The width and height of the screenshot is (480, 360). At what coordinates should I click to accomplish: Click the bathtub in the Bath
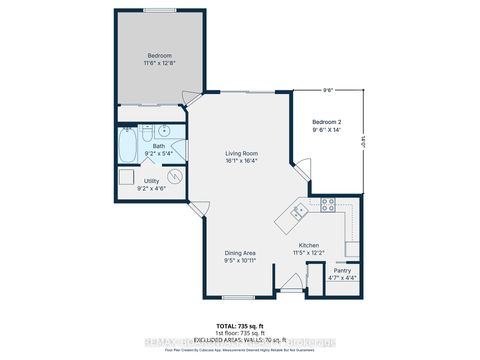click(x=128, y=146)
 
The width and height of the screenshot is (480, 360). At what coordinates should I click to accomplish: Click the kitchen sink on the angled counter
click(x=298, y=211)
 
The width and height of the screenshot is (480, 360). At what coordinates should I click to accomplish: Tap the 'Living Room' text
click(x=240, y=152)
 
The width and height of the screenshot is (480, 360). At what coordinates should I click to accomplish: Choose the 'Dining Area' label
click(x=239, y=254)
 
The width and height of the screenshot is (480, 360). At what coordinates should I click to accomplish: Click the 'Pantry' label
click(x=341, y=270)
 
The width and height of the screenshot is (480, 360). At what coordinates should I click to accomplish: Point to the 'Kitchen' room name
click(x=308, y=245)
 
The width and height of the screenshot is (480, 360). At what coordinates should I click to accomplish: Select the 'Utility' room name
click(x=151, y=180)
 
